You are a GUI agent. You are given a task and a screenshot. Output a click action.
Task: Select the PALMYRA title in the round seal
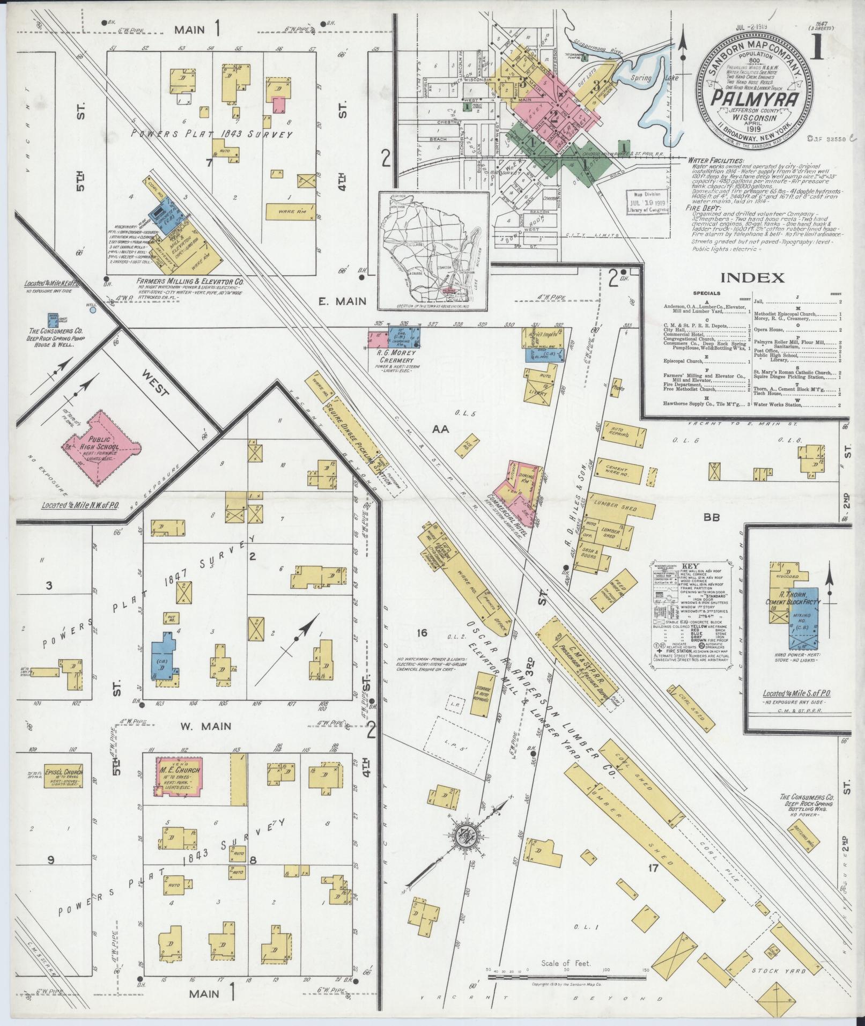[x=756, y=98]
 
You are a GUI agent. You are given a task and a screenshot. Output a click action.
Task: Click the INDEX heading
[x=752, y=278]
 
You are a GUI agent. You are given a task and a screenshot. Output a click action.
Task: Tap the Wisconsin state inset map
[x=433, y=250]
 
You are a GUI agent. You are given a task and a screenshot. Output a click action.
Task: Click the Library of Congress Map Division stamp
[x=647, y=202]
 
